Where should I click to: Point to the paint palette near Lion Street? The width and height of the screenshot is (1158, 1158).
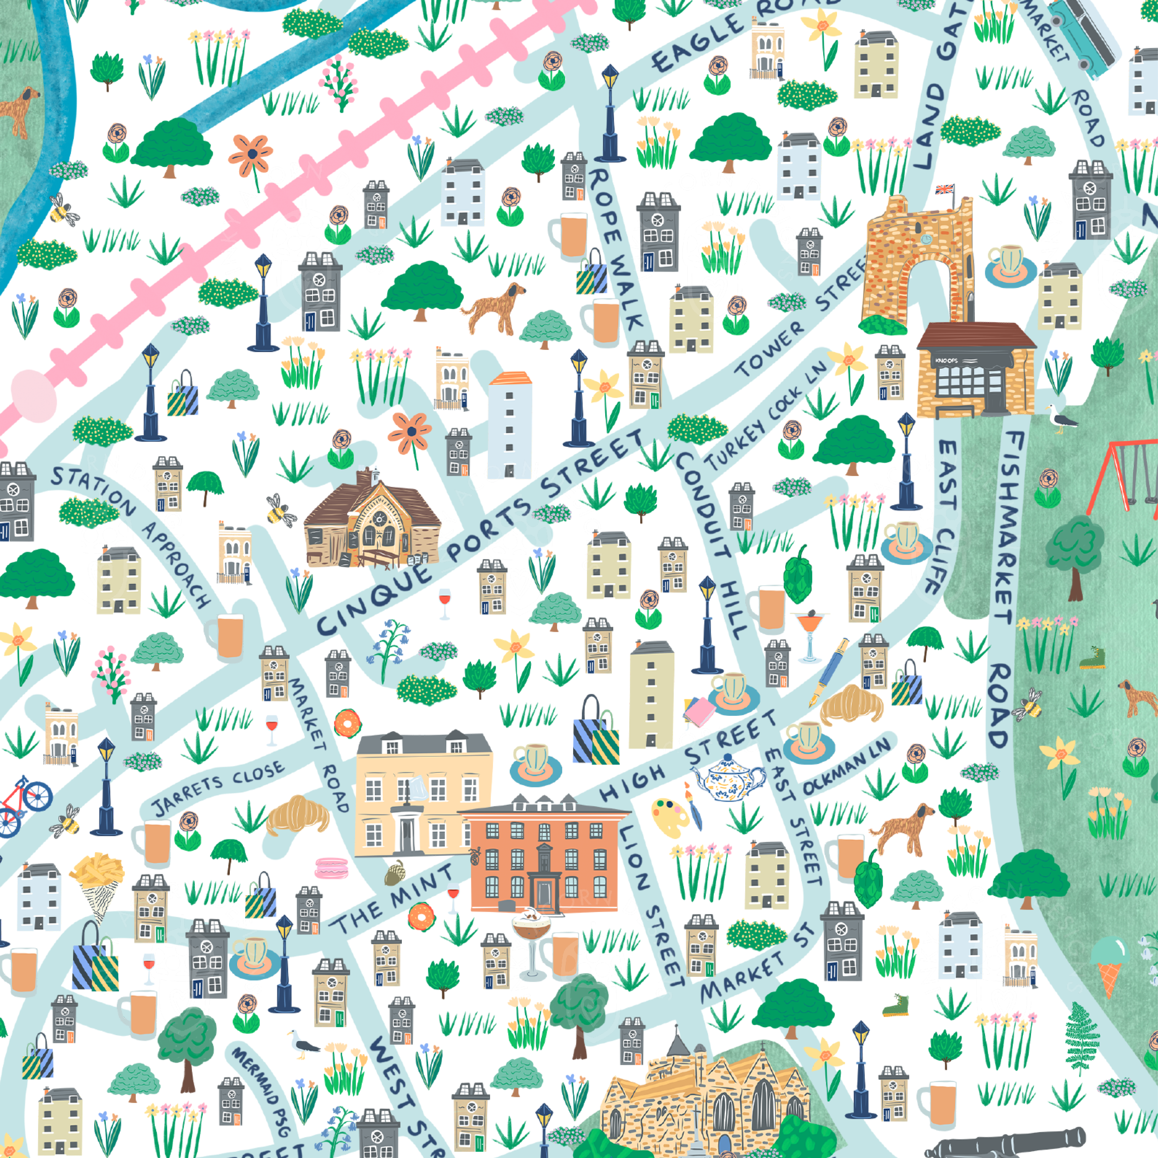pos(670,816)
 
